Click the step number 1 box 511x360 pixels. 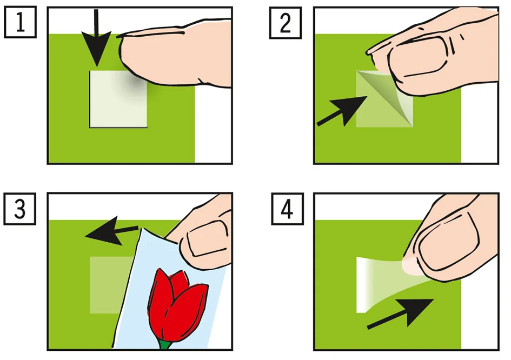coord(20,22)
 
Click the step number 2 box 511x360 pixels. coord(286,23)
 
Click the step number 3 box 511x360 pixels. coord(20,209)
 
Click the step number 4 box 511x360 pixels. coord(288,209)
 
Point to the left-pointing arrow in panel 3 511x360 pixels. coord(111,232)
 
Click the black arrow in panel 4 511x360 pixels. coord(401,314)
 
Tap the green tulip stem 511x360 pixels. coord(165,345)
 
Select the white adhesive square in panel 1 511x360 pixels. coord(118,99)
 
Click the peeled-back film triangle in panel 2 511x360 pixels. coord(389,96)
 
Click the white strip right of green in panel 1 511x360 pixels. coord(213,124)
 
